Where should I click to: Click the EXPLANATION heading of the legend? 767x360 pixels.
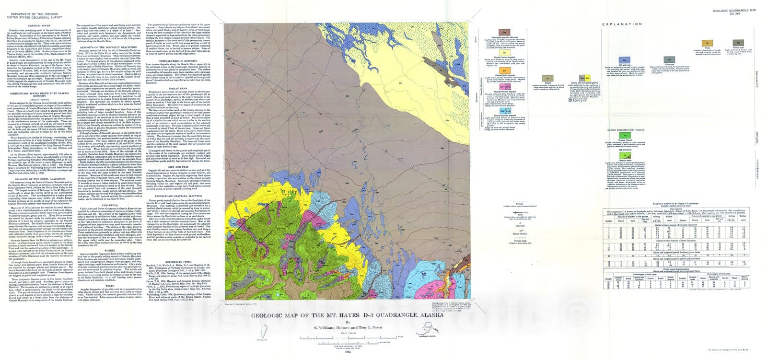[622, 23]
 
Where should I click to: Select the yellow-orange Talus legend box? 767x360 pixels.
[707, 43]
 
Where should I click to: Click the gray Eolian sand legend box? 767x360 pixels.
[741, 43]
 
